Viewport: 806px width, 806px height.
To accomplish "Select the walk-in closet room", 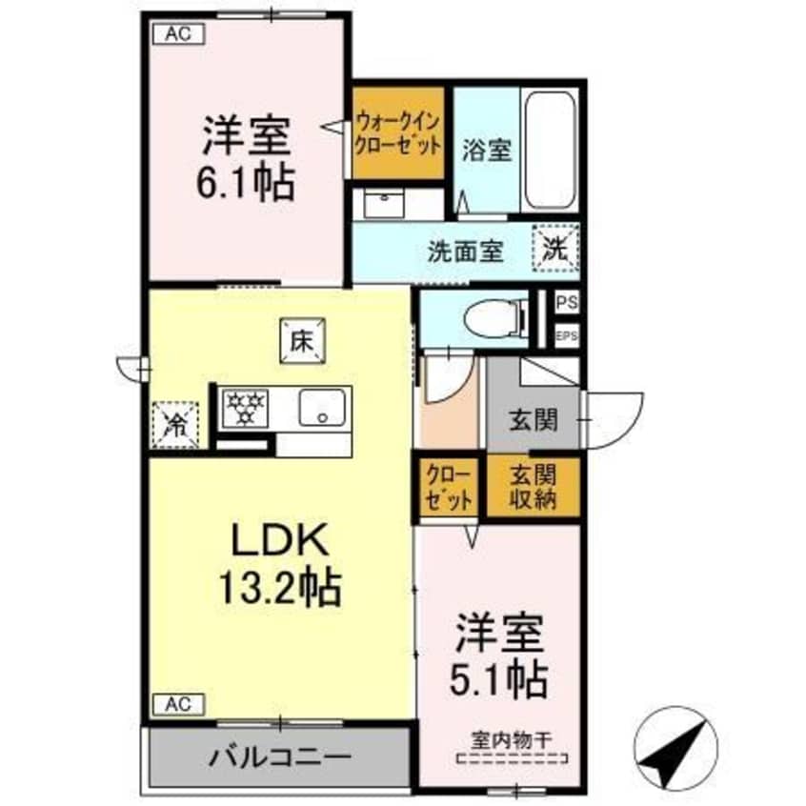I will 398,133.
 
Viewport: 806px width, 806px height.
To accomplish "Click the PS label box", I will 566,303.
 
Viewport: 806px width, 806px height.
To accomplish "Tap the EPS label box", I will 566,335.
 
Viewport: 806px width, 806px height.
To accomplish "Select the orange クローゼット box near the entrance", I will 448,487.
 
